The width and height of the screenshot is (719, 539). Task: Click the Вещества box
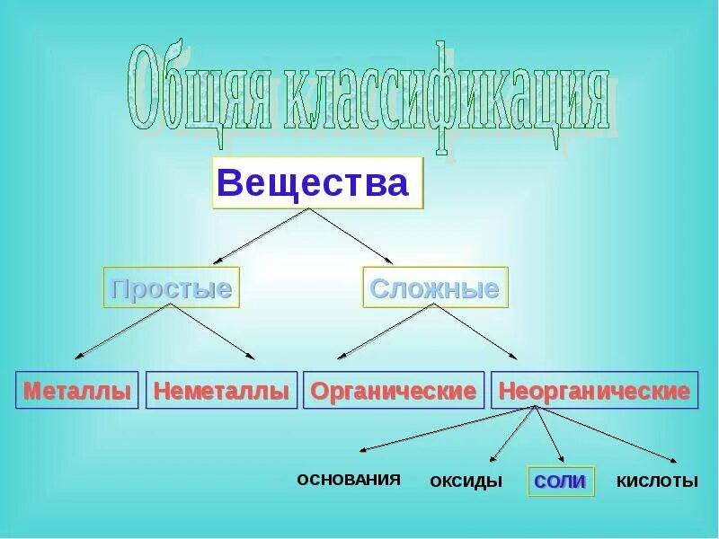pyautogui.click(x=317, y=183)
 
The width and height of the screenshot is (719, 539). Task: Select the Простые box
pyautogui.click(x=171, y=288)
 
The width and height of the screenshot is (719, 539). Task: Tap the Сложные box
pyautogui.click(x=435, y=288)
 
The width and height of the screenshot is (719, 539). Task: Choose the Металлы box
pyautogui.click(x=77, y=391)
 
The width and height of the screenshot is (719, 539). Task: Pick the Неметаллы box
pyautogui.click(x=221, y=391)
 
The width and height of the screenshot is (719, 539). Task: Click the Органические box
pyautogui.click(x=393, y=391)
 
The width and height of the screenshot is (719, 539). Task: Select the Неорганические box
pyautogui.click(x=594, y=391)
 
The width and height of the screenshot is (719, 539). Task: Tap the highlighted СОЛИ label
pyautogui.click(x=560, y=482)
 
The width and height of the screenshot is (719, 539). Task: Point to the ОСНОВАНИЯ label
pyautogui.click(x=348, y=479)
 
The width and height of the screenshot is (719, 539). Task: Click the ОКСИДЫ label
pyautogui.click(x=466, y=482)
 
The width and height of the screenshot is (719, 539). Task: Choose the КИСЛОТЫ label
pyautogui.click(x=657, y=482)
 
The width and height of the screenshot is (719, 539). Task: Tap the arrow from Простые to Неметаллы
pyautogui.click(x=214, y=332)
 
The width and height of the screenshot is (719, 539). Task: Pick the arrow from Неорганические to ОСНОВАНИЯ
pyautogui.click(x=449, y=428)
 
